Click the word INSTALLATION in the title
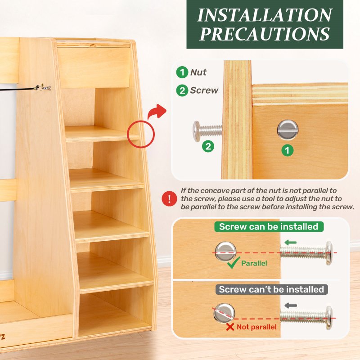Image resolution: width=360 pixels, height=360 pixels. click(x=265, y=15)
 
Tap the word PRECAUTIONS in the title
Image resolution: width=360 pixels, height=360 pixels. click(x=265, y=34)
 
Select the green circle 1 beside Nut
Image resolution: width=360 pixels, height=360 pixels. click(x=182, y=72)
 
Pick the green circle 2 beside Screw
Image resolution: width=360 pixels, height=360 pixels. click(x=182, y=90)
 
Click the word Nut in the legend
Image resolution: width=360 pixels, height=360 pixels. click(x=198, y=72)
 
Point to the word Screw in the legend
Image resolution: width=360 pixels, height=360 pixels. click(x=204, y=90)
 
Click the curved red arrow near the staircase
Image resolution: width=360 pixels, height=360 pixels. click(x=157, y=112)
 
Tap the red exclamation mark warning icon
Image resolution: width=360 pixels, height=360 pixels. click(x=169, y=198)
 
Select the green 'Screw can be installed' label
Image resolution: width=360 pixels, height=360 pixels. click(x=269, y=227)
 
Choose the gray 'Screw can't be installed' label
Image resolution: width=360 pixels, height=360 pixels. click(x=271, y=289)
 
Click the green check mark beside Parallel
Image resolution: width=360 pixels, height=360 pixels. click(x=234, y=263)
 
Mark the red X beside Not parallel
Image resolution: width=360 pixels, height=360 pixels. click(x=230, y=327)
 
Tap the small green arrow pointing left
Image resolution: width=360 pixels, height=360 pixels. click(x=290, y=243)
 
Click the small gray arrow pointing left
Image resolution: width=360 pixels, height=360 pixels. click(x=291, y=306)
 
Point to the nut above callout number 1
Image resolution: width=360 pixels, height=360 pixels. click(x=288, y=130)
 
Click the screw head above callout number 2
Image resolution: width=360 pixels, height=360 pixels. click(x=196, y=131)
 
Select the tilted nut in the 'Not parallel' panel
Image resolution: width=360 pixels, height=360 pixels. click(x=224, y=313)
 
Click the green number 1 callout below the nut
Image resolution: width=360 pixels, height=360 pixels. click(x=288, y=150)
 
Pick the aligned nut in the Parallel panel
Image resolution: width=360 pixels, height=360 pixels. click(x=225, y=252)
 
